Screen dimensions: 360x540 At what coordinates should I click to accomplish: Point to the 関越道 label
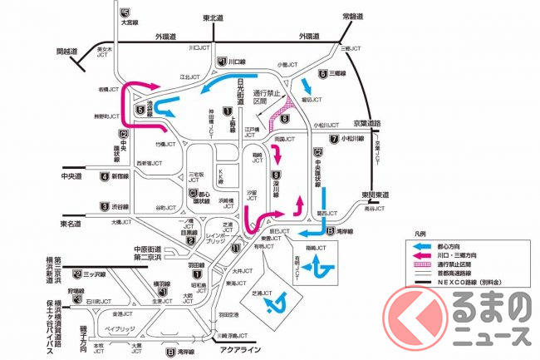pyautogui.click(x=66, y=51)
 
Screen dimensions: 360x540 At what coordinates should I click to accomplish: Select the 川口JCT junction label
pyautogui.click(x=199, y=48)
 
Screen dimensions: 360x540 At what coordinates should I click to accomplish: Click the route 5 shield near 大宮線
pyautogui.click(x=125, y=12)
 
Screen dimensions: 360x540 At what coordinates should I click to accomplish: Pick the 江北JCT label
pyautogui.click(x=191, y=76)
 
